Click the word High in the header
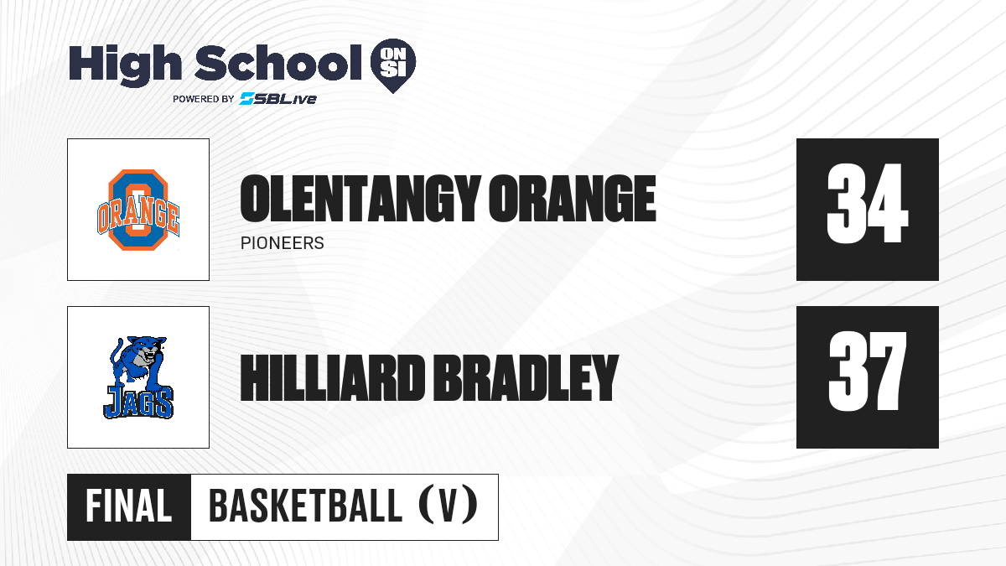coord(125,65)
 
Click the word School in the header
coord(278,62)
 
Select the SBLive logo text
coord(278,98)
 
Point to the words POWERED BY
coord(204,99)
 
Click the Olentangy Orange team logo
coord(138,210)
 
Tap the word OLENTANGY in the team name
coord(360,199)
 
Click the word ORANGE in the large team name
coord(573,199)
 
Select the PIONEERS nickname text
coord(282,243)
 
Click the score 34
coord(867,204)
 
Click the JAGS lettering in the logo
coord(138,403)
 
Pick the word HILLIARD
coord(332,378)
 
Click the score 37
coord(867,371)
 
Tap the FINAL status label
coord(129,506)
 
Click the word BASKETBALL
coord(305,506)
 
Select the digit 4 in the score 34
coord(887,204)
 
